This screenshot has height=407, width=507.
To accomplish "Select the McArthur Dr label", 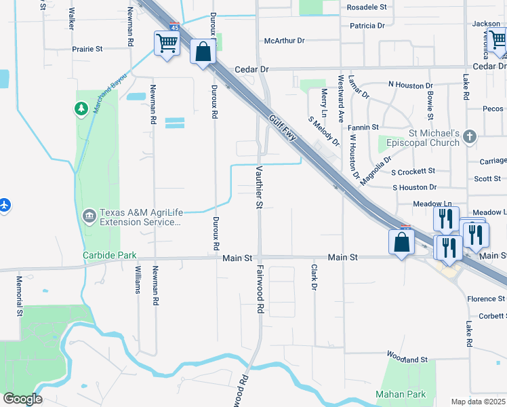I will [x=285, y=41].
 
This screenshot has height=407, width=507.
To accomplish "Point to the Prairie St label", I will [x=87, y=49].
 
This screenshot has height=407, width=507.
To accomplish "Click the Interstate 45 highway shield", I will [x=174, y=27].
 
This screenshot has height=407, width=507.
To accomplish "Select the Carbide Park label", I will [x=109, y=256].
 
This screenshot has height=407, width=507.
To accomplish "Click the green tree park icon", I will [x=81, y=108].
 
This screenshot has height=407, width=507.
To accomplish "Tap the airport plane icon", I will [x=5, y=204].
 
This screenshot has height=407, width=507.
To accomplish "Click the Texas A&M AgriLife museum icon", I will [x=89, y=216].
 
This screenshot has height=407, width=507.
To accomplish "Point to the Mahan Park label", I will [x=401, y=395].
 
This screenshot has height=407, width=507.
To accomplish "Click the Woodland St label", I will [x=407, y=357].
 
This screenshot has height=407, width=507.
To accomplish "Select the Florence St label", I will [x=486, y=298].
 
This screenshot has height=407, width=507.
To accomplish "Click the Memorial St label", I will [x=20, y=302].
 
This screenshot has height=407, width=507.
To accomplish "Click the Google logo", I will [x=22, y=399].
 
